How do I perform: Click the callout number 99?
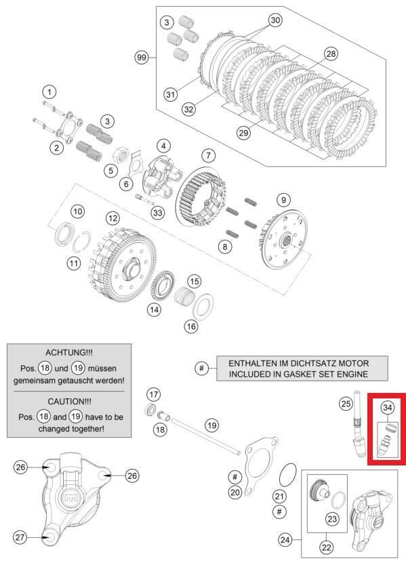coord(141,58)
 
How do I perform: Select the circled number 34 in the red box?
coord(386,407)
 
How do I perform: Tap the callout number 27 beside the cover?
coord(20,537)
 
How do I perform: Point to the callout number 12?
coord(113,218)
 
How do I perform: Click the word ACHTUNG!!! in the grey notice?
coord(69,353)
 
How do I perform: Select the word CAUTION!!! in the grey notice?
coord(69,401)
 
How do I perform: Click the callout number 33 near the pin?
coord(158,212)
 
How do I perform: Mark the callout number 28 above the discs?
coord(330,53)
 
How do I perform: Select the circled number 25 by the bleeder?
coord(346,404)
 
